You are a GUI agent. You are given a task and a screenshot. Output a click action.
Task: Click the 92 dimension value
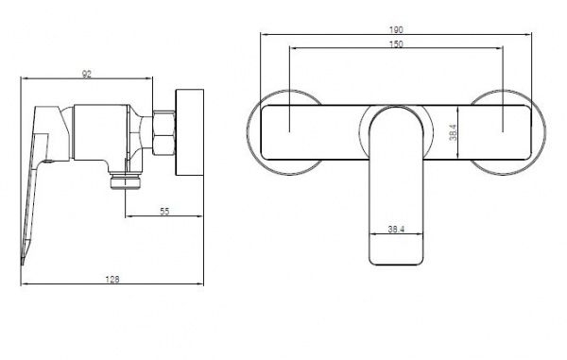[x=87, y=74]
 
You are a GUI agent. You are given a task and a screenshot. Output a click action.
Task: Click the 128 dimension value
[x=112, y=280]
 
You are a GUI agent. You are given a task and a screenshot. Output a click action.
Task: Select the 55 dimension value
[x=164, y=212]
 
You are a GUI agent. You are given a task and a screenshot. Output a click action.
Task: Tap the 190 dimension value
[x=396, y=29]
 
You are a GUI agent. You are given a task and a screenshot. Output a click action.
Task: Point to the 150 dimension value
[x=396, y=44]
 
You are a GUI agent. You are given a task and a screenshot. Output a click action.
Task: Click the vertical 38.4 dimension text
[x=453, y=132]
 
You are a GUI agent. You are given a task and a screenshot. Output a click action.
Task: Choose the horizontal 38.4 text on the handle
[x=396, y=230]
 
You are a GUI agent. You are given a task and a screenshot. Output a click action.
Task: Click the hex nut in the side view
[x=163, y=132]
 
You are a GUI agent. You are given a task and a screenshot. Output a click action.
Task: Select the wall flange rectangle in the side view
[x=190, y=132]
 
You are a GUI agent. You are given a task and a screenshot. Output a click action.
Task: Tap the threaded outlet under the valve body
[x=125, y=181]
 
